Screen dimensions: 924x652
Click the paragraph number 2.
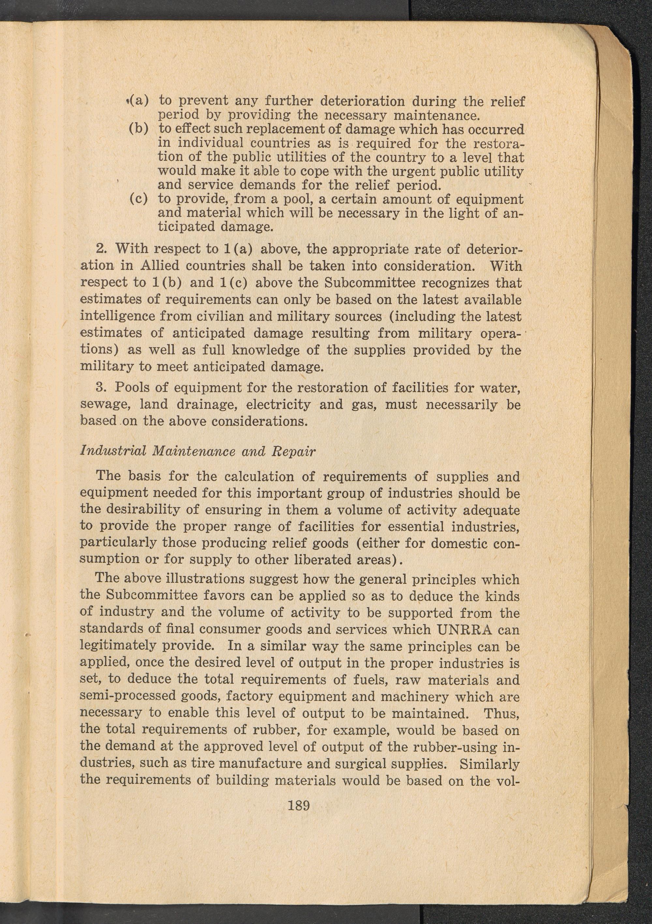[x=101, y=249]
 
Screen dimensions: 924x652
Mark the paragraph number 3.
[x=101, y=388]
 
